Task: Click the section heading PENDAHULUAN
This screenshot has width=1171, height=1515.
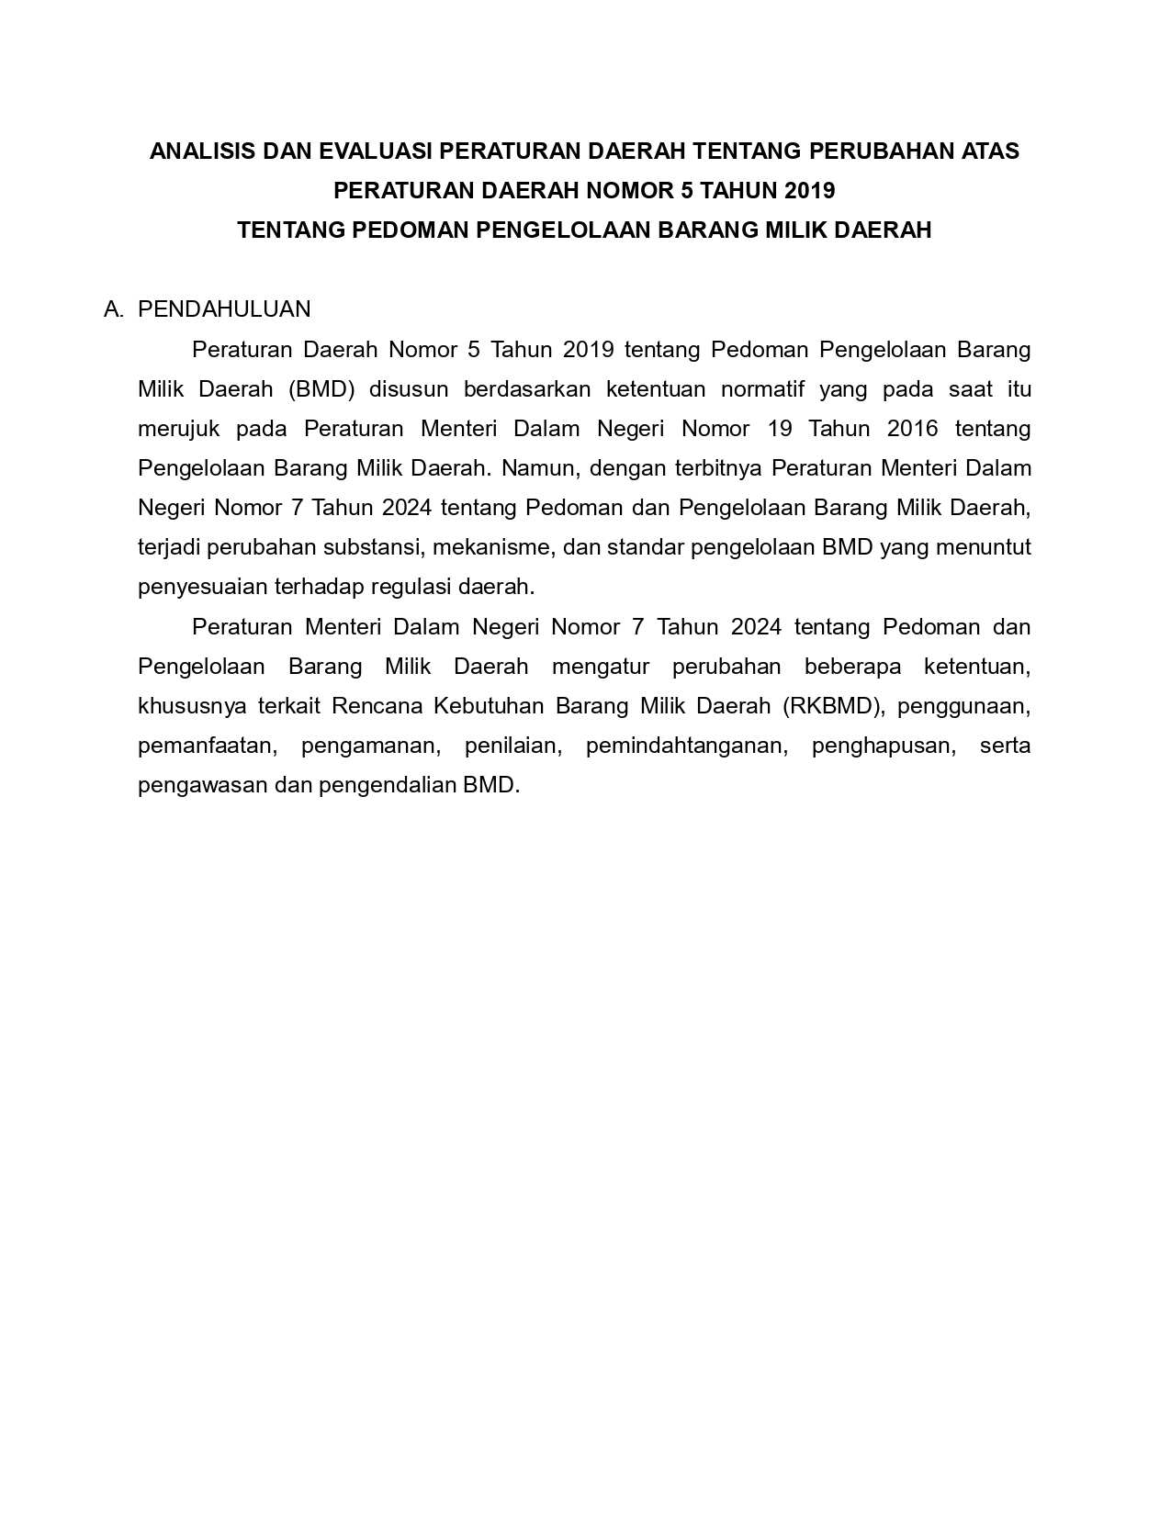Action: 224,309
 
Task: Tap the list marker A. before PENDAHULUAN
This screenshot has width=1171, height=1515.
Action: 114,309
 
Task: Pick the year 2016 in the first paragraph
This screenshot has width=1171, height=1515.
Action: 913,429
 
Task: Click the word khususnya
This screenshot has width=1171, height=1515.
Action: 185,706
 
